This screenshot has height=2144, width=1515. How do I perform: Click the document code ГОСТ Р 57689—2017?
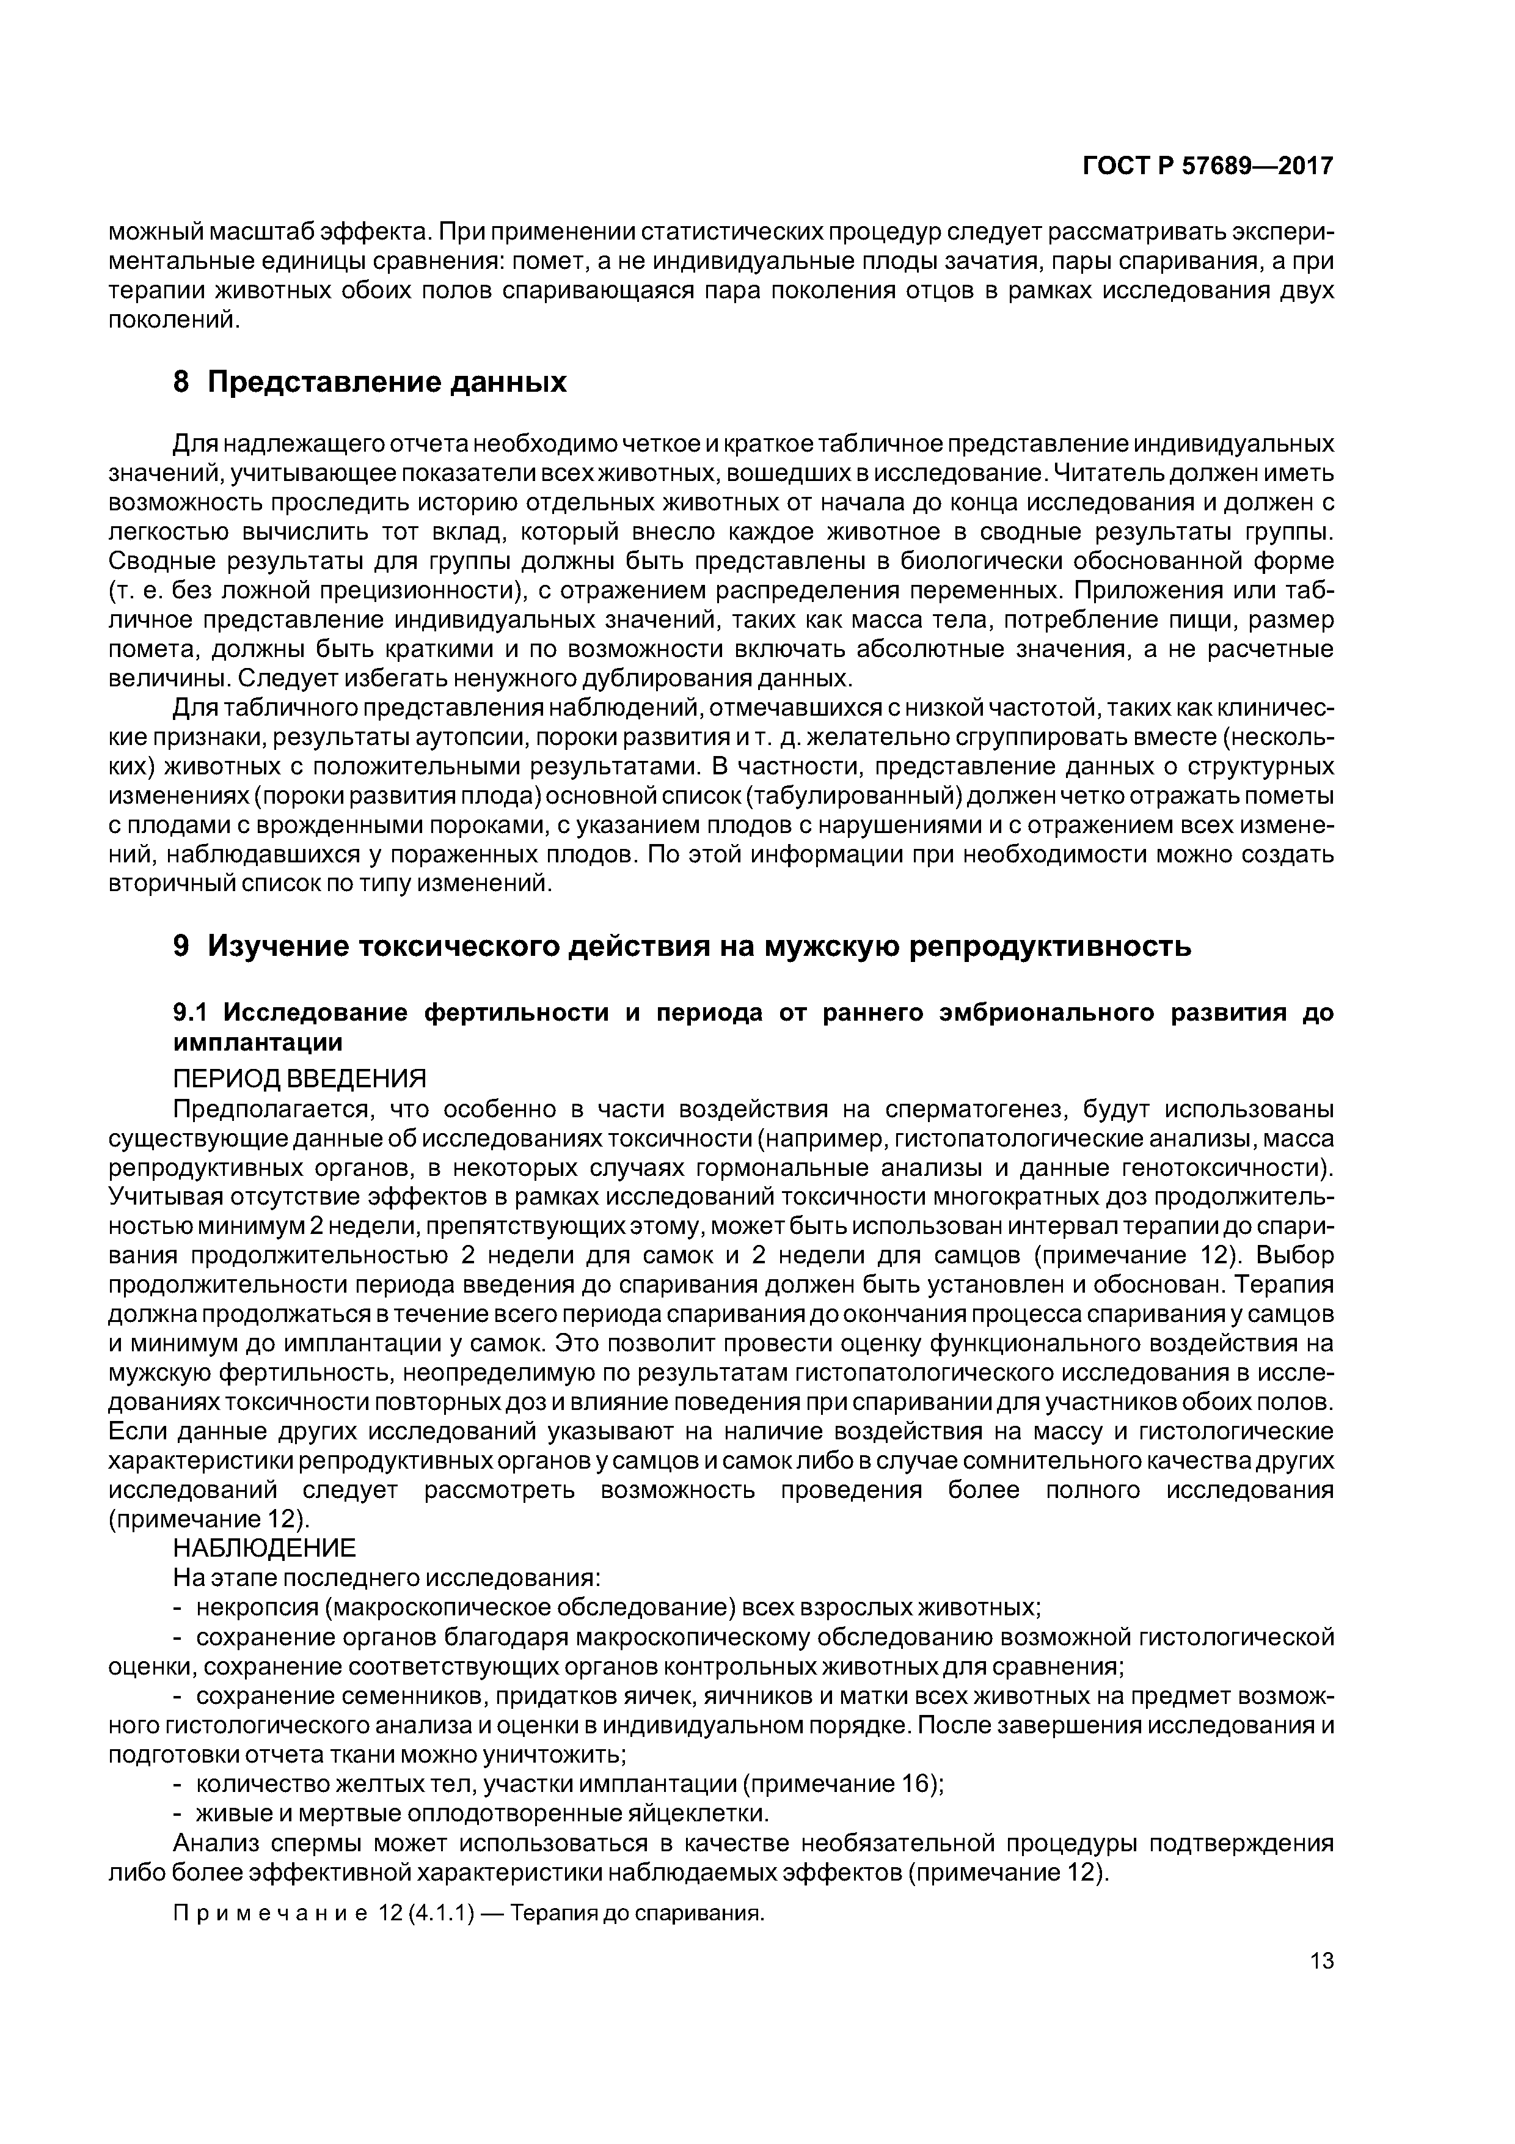click(1207, 166)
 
